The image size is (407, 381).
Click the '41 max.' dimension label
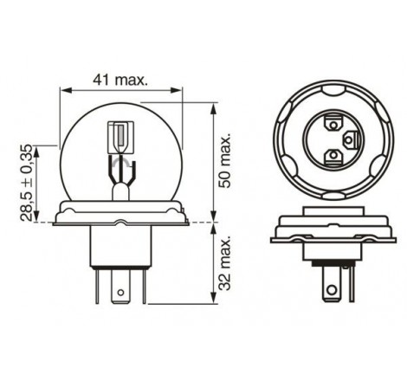point(120,80)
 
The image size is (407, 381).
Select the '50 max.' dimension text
point(225,160)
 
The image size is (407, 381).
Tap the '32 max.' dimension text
point(225,262)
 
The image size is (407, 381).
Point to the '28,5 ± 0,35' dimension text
point(27,183)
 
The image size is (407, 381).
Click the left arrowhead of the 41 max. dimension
point(65,90)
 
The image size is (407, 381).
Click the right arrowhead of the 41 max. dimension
point(177,90)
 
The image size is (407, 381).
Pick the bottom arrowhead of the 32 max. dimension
point(214,298)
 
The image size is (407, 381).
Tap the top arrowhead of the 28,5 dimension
point(36,152)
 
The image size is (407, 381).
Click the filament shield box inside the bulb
point(121,138)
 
